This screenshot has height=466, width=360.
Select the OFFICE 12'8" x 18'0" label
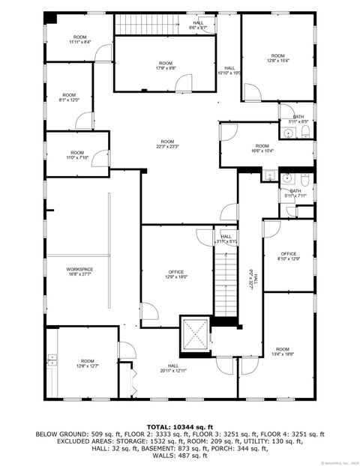(x=176, y=274)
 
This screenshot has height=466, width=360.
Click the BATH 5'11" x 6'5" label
(x=298, y=119)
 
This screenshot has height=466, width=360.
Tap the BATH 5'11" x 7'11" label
(x=295, y=193)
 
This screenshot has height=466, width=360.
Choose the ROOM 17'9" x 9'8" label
(x=166, y=65)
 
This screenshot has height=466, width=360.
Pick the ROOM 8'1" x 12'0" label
(x=69, y=97)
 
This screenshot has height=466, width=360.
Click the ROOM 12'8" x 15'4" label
(x=277, y=58)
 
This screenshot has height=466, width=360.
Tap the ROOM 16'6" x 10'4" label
(x=261, y=148)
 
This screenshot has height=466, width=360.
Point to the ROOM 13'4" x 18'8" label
(x=282, y=352)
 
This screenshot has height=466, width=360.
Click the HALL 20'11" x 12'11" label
(x=172, y=368)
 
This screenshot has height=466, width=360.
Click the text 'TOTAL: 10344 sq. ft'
(x=180, y=426)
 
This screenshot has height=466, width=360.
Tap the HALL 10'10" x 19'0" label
(x=229, y=70)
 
